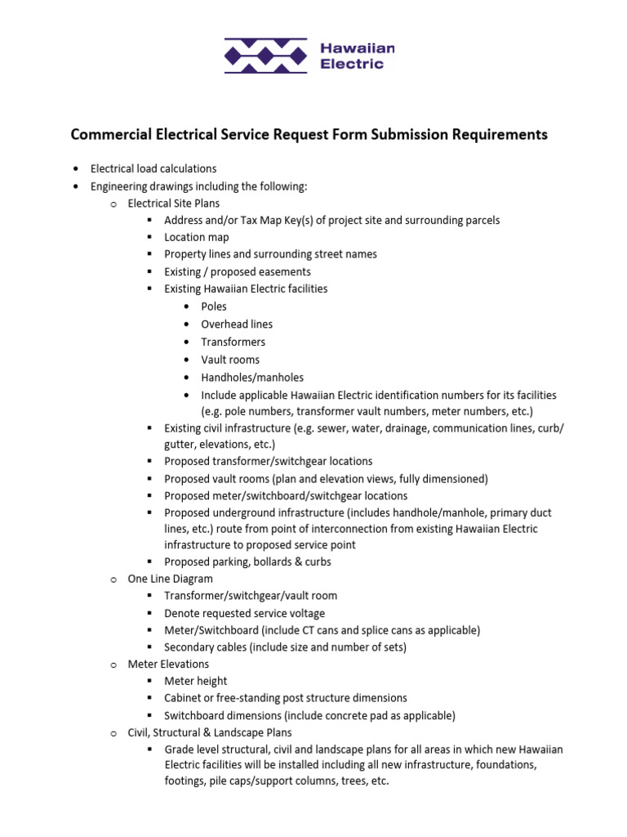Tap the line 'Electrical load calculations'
point(153,169)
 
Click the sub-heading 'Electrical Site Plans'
point(173,204)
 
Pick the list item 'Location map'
point(197,237)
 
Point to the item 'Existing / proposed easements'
point(237,271)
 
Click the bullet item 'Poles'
point(214,307)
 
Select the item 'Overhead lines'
point(237,325)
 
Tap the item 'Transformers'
point(233,342)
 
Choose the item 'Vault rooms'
point(230,360)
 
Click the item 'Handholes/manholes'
point(252,378)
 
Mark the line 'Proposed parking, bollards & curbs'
point(247,562)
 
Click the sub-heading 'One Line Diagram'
point(170,579)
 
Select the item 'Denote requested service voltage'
point(244,613)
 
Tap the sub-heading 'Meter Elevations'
point(168,664)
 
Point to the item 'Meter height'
point(196,681)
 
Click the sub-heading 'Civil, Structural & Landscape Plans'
point(210,732)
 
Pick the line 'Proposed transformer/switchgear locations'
point(268,461)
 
